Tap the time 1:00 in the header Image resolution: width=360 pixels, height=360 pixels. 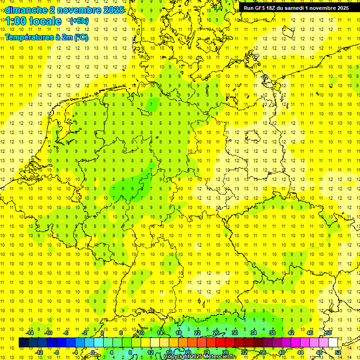16,21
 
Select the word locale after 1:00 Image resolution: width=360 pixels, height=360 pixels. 45,21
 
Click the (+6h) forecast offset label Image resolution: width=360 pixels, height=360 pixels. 78,21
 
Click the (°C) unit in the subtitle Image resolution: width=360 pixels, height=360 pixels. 81,37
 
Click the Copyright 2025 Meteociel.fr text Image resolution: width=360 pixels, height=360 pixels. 200,357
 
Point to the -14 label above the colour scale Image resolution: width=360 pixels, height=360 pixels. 30,333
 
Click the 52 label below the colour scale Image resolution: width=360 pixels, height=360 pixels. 338,352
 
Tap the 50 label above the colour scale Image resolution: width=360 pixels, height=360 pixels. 329,333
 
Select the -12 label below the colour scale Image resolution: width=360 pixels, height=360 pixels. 39,352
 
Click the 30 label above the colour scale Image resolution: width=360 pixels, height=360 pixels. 235,333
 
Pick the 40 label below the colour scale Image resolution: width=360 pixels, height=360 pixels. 282,352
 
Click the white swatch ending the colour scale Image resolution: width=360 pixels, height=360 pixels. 333,342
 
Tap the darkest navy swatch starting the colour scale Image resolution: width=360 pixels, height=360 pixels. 23,342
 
